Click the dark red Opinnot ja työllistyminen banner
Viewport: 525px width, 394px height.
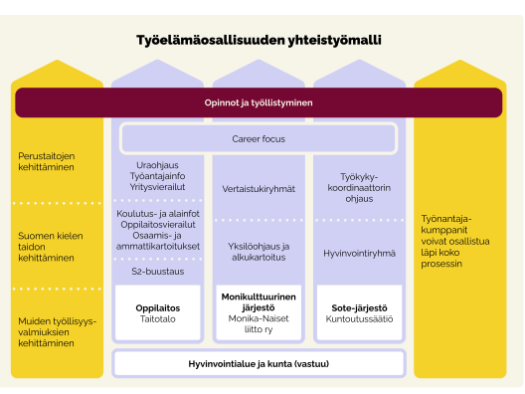pos(259,102)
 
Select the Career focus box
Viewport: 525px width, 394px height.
pos(259,139)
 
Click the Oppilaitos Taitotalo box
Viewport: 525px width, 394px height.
pos(157,314)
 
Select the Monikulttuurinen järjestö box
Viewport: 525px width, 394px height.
pos(258,313)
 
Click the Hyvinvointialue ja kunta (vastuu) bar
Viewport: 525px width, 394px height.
pos(259,364)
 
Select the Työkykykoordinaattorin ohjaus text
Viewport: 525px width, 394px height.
pos(356,188)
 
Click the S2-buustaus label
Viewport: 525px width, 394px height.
pos(157,270)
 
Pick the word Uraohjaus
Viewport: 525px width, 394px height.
pos(157,165)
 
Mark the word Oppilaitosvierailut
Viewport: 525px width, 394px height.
pos(157,224)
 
